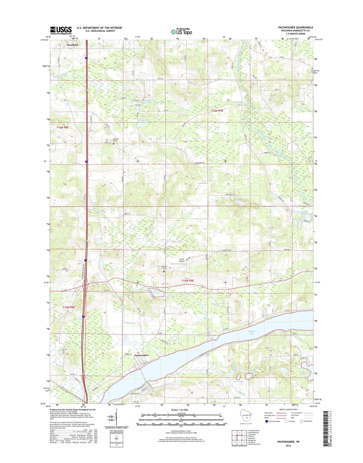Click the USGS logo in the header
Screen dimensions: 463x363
[61, 30]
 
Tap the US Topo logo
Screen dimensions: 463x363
[181, 31]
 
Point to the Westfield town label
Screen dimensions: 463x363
[72, 45]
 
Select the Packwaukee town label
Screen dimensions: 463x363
[141, 355]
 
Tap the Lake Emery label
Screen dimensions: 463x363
[156, 292]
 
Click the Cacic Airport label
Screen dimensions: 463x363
[182, 260]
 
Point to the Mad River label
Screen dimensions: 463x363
[130, 323]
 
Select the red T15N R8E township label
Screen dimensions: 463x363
[69, 307]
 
